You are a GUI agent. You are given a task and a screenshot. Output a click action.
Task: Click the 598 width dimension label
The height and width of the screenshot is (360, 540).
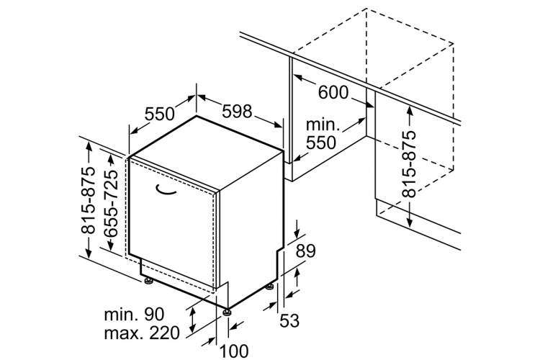pos(238,112)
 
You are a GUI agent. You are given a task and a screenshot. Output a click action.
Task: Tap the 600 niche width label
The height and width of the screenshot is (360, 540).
pos(333,92)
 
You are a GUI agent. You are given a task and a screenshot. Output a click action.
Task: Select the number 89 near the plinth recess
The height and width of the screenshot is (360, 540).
pos(305,251)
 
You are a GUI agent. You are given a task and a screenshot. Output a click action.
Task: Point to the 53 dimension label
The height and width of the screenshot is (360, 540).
pos(289,320)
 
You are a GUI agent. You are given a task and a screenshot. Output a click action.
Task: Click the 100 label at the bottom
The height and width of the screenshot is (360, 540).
pos(234,351)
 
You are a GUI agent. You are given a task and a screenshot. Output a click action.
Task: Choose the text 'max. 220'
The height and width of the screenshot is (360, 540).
pos(142,333)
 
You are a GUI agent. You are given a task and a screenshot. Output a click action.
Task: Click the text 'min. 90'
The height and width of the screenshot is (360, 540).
pos(135,315)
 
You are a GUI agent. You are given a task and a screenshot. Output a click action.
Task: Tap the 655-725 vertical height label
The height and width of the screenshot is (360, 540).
pos(111,203)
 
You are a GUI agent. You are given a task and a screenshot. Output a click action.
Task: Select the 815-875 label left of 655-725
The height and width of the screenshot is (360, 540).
pos(88,200)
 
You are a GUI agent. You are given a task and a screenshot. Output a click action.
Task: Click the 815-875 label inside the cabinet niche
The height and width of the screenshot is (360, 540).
pos(409,163)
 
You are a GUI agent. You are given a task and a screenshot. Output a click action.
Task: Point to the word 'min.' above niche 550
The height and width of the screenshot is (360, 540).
pos(323,125)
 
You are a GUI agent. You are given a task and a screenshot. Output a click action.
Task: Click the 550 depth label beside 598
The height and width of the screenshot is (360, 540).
pos(159,114)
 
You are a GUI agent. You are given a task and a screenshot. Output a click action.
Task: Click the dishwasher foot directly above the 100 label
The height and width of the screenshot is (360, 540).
pos(227,312)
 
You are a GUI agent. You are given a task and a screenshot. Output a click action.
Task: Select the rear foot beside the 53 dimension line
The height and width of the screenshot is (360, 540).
pos(270,287)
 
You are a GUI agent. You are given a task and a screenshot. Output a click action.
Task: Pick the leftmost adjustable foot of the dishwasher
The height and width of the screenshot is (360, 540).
pos(149,281)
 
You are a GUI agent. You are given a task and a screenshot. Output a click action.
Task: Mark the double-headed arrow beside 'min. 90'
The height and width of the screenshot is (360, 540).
pos(193,320)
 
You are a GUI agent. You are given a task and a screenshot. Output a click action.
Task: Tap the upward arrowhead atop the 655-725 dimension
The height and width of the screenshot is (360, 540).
pos(111,160)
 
